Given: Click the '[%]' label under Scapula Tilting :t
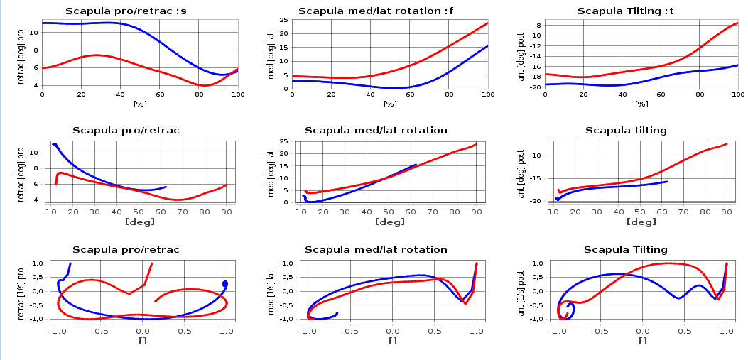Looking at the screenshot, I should pos(641,104).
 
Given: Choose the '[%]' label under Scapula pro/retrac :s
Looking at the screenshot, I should pos(140,104).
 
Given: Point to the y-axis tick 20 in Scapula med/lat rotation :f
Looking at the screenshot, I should pos(285,33).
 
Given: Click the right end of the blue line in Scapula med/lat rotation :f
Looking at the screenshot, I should pos(488,46).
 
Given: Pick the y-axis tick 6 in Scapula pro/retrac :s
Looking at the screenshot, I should pos(37,67).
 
